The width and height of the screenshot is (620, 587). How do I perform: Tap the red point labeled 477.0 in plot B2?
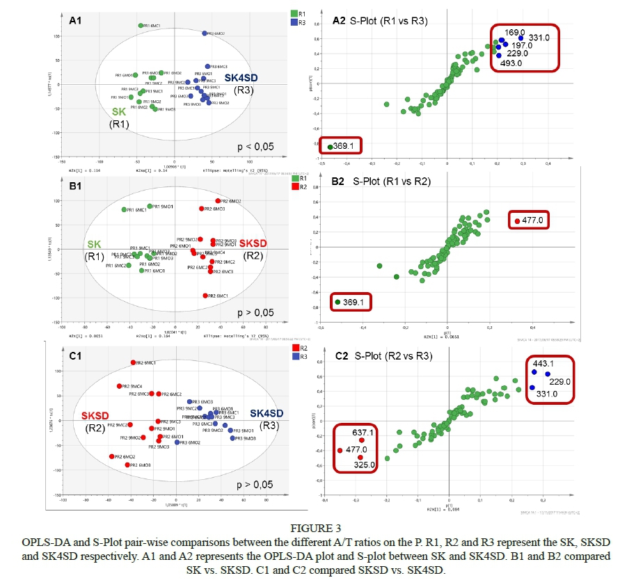(517, 221)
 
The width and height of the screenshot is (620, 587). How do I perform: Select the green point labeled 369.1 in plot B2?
(338, 302)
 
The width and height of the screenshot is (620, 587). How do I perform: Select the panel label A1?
(75, 22)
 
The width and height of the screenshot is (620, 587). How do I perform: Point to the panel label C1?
(73, 355)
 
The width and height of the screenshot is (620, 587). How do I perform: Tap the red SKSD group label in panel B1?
(253, 244)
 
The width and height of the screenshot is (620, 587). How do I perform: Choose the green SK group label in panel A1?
(120, 112)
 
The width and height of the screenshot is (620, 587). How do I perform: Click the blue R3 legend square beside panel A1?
(294, 23)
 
